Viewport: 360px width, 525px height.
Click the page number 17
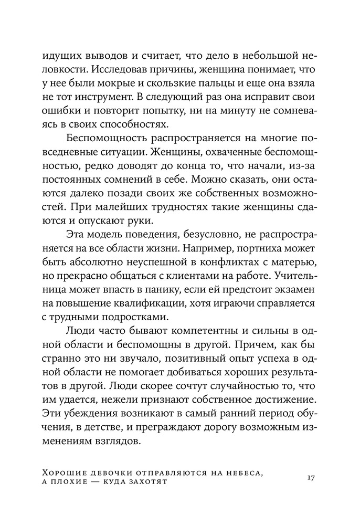point(310,478)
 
